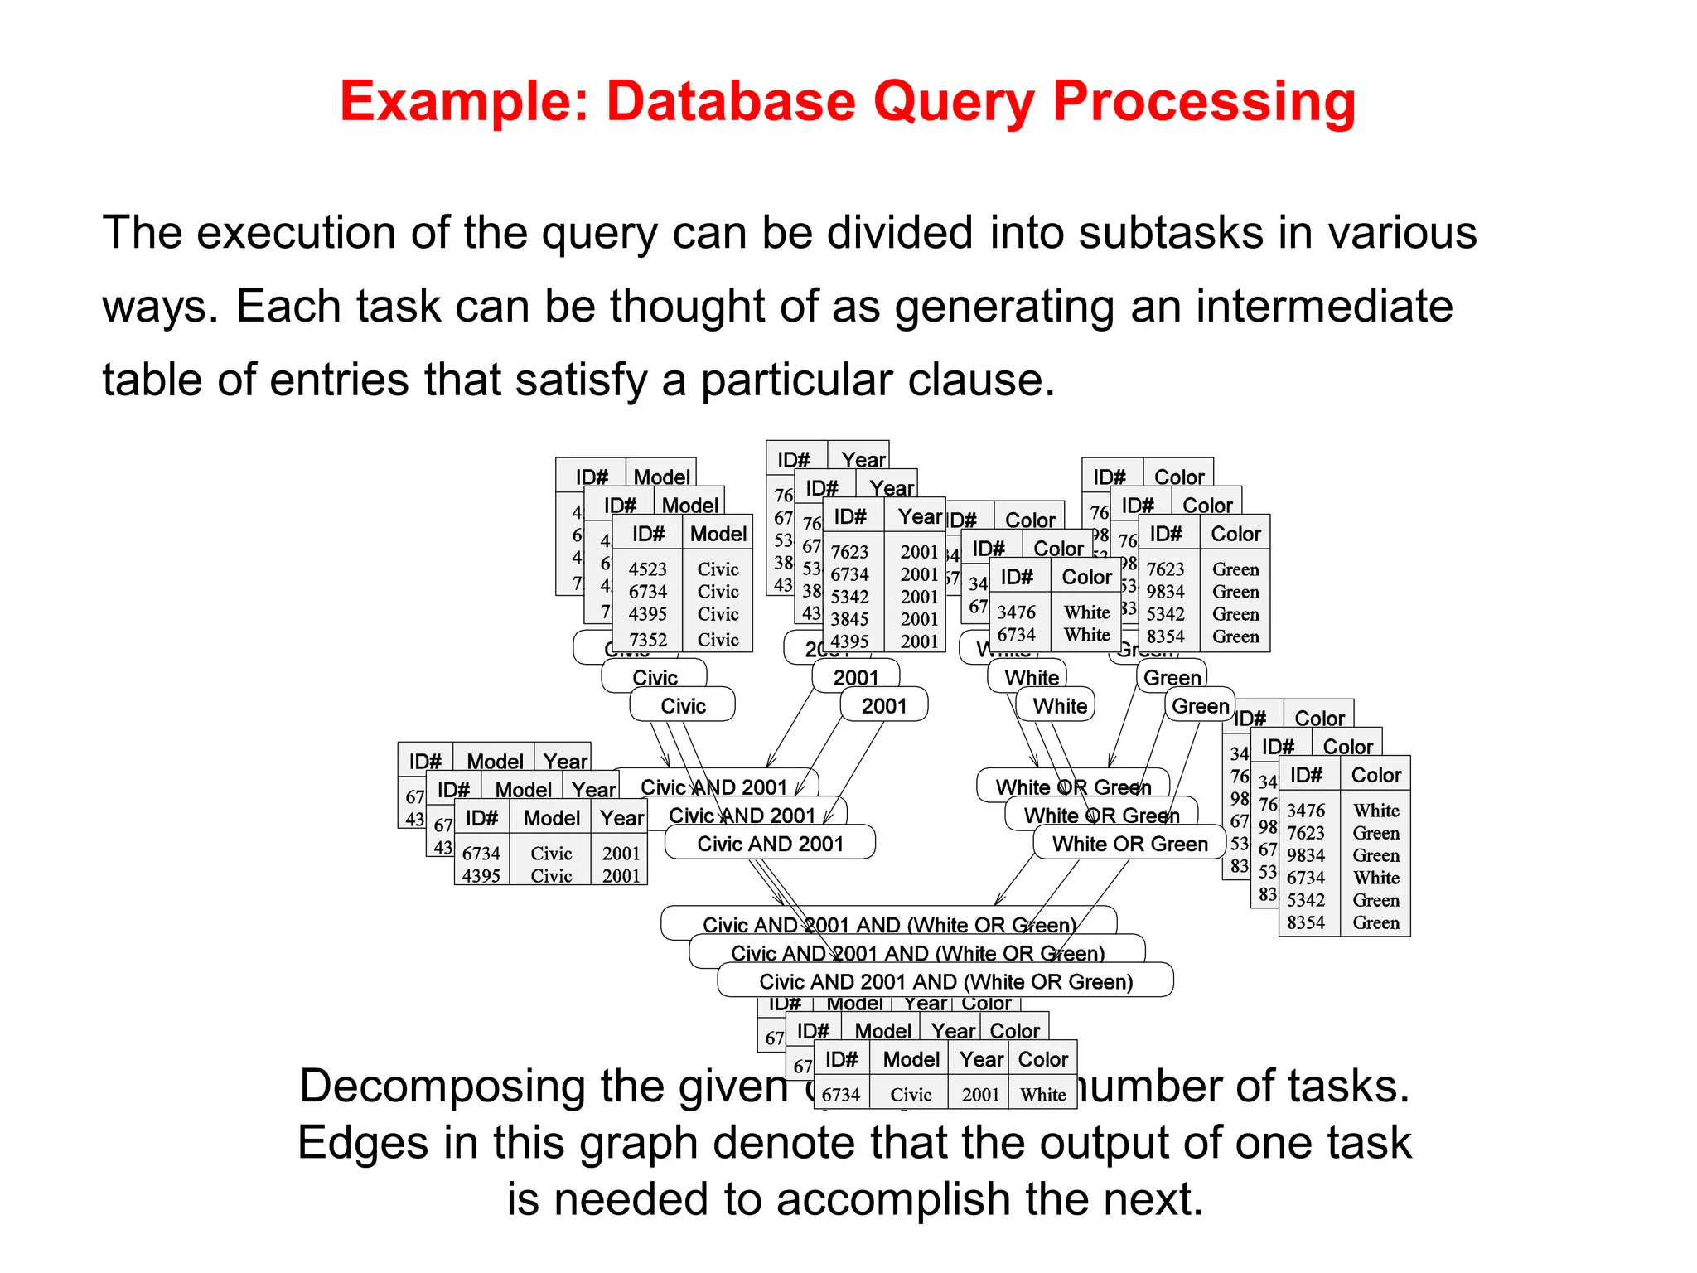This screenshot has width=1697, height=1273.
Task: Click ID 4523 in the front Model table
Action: pos(648,569)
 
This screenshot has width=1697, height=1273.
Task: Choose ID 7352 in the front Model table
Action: pos(648,640)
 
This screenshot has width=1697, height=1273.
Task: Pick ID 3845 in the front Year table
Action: pos(850,619)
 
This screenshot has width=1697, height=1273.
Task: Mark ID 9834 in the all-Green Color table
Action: pos(1166,592)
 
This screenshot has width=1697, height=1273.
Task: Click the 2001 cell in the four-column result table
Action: pos(981,1095)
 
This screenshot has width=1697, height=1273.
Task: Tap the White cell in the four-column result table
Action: pos(1043,1095)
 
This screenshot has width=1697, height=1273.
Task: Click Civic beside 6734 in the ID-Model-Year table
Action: pos(552,854)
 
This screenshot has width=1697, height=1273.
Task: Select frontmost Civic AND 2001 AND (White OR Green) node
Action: pos(945,981)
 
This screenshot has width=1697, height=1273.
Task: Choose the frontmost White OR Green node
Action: pos(1129,844)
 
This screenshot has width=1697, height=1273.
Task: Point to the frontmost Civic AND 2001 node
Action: pos(770,844)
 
